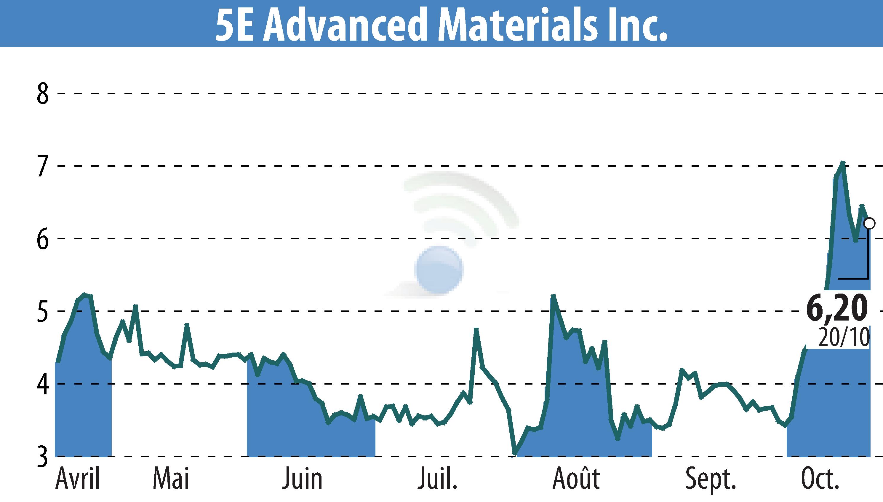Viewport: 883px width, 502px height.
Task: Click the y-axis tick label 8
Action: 43,93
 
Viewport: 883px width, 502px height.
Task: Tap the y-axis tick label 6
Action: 43,239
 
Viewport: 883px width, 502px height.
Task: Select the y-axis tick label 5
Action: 43,311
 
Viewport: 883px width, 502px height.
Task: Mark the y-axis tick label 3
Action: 43,457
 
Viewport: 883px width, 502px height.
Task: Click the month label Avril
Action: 78,479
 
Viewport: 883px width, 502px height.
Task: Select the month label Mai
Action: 171,479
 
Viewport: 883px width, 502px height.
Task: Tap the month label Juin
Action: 303,479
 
